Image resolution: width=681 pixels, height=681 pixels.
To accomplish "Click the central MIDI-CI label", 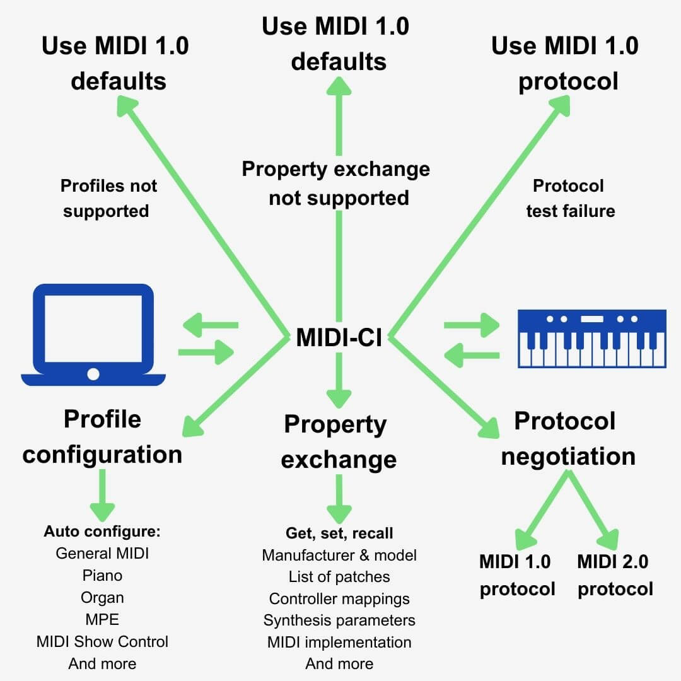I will (x=339, y=337).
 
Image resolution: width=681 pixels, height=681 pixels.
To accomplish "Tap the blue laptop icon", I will (x=93, y=334).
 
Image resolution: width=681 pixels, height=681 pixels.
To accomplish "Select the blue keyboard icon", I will (x=591, y=338).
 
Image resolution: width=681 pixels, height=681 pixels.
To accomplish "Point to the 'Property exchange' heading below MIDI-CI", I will (x=339, y=441).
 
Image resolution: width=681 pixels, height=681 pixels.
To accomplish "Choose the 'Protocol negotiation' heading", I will (x=567, y=438).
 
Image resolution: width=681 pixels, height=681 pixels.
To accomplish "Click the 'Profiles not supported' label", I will (x=107, y=198).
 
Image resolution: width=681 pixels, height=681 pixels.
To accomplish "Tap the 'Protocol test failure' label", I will (x=569, y=198).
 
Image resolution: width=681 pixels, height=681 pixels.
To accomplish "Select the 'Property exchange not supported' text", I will (x=337, y=183).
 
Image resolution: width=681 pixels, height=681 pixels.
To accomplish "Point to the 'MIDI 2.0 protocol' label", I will (x=614, y=574).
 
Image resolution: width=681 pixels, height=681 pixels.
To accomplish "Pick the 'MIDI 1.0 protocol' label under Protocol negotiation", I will (x=516, y=574).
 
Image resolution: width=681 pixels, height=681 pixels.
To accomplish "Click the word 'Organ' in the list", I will (x=102, y=597).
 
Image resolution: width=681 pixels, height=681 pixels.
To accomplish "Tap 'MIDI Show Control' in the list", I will (x=102, y=641).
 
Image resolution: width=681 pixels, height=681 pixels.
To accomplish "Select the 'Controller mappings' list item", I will (x=339, y=598).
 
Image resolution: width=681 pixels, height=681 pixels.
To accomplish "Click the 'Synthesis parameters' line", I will (x=339, y=620).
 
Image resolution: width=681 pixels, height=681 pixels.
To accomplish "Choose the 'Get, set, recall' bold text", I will (x=339, y=533).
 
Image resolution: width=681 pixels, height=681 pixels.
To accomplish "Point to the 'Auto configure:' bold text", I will (x=102, y=531).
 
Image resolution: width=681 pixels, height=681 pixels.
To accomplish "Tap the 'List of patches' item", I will (x=339, y=576).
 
